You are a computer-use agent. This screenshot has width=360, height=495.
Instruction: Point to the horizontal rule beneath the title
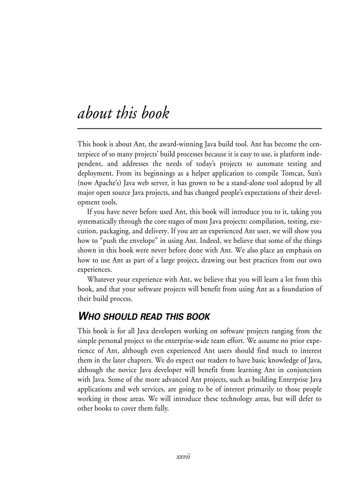pyautogui.click(x=199, y=128)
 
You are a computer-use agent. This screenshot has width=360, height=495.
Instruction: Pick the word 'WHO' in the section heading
pyautogui.click(x=88, y=316)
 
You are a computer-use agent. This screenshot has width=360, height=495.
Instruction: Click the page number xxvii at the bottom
pyautogui.click(x=183, y=457)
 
